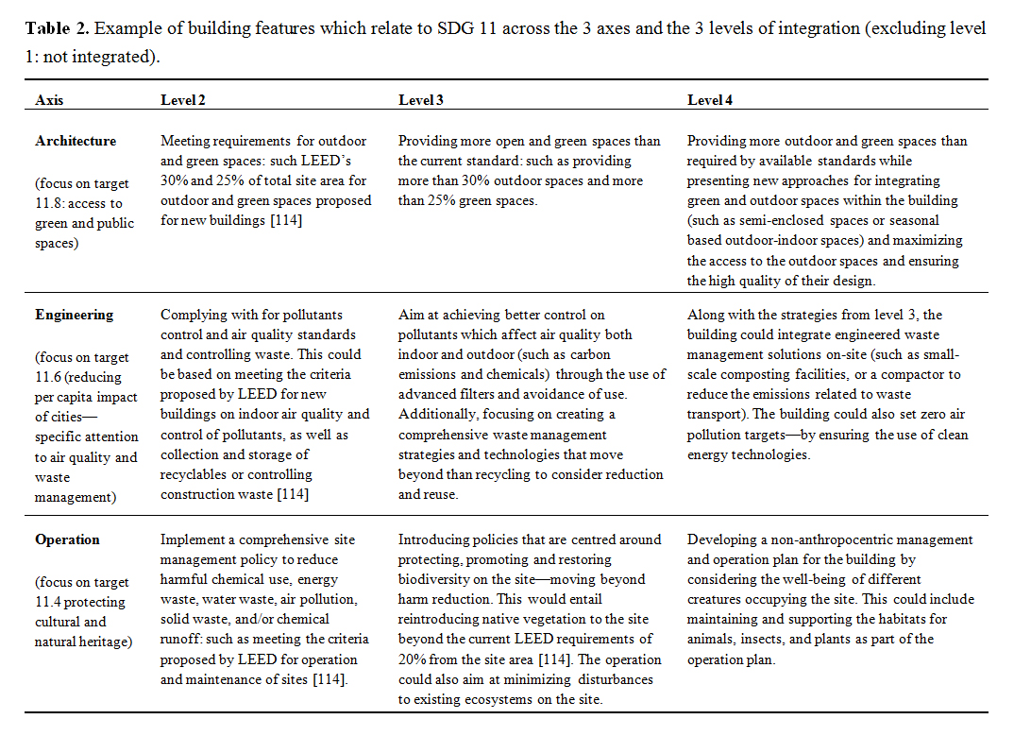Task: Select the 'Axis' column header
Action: [x=49, y=100]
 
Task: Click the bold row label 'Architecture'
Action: [x=76, y=141]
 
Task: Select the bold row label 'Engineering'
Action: [x=74, y=315]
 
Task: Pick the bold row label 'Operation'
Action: [x=67, y=539]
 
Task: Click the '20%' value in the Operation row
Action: [x=413, y=659]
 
